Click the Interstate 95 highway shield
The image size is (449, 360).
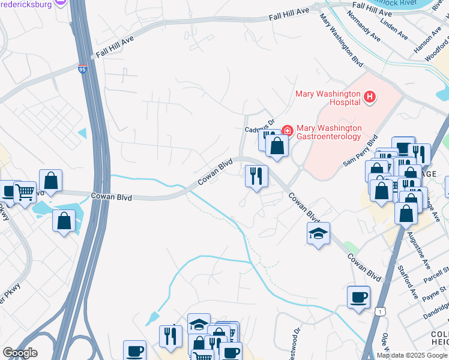click(82, 70)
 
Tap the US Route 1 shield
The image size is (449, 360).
click(379, 311)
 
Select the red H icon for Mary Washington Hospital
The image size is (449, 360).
click(370, 96)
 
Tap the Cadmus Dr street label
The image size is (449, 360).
click(259, 127)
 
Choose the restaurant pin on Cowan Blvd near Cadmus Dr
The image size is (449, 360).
click(256, 176)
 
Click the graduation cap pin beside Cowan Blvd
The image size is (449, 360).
click(318, 233)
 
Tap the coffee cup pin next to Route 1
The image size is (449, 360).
click(358, 297)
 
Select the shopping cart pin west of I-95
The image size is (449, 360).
click(25, 193)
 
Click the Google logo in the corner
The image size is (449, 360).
click(20, 352)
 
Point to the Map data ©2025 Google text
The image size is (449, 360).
click(412, 355)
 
